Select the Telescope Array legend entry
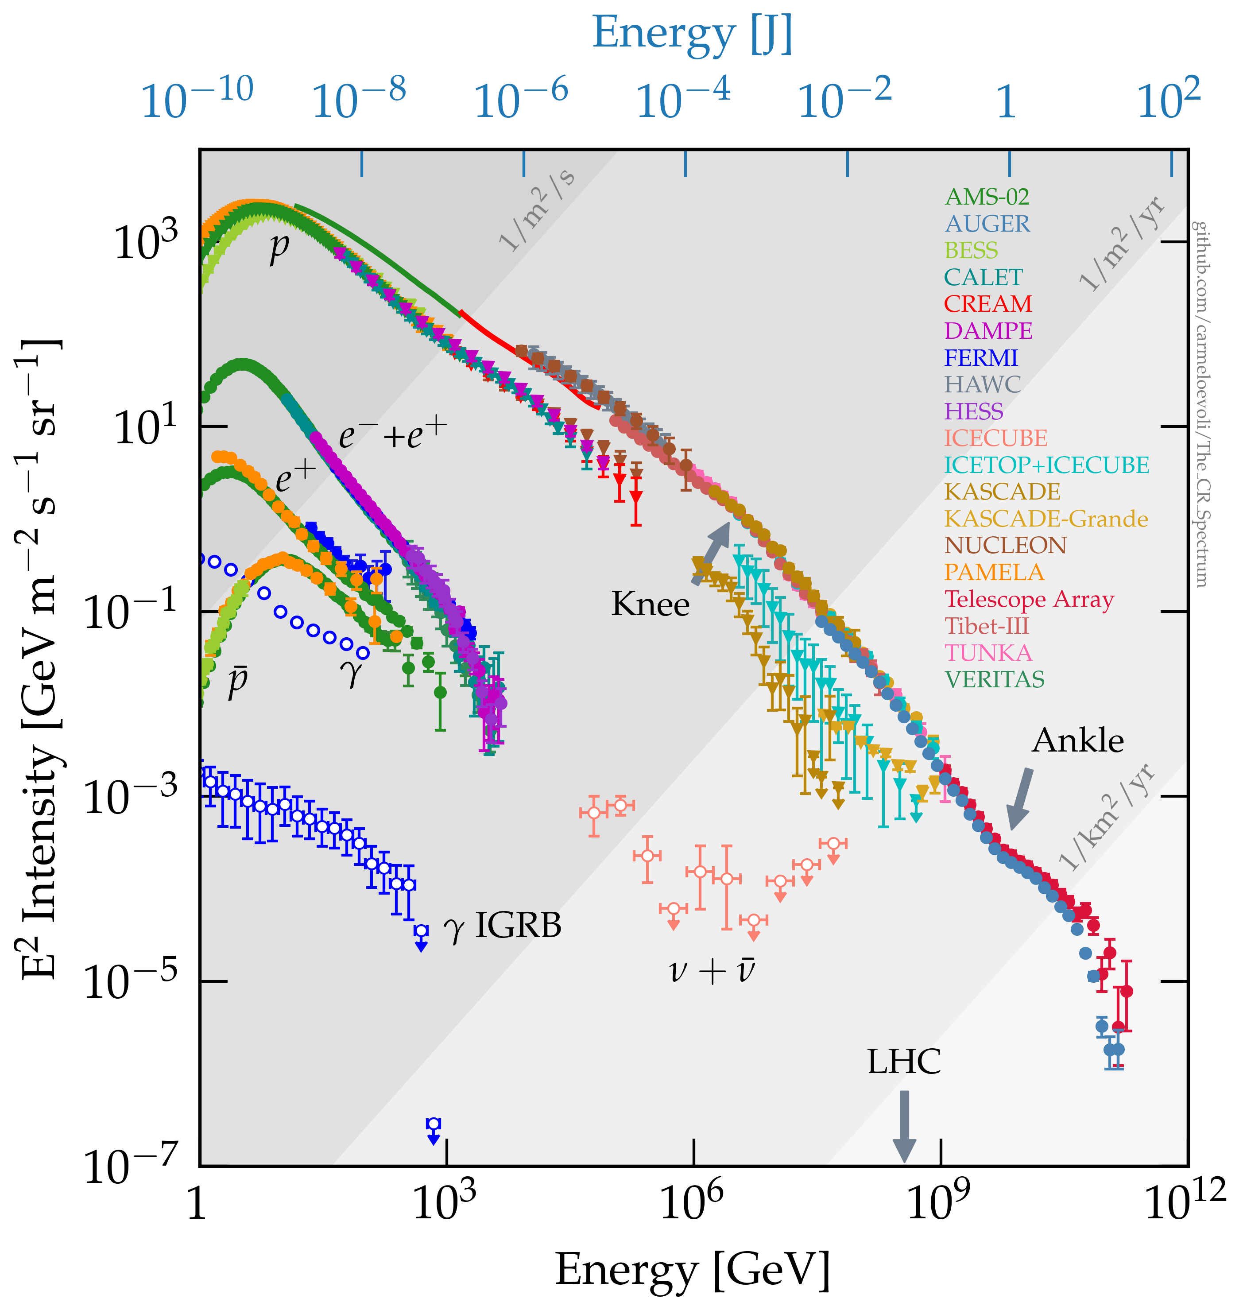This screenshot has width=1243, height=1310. (1028, 599)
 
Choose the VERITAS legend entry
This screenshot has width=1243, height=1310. (994, 679)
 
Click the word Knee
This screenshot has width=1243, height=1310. (650, 604)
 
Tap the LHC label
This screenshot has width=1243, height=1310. (904, 1062)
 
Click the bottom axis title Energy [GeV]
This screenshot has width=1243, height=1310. (693, 1270)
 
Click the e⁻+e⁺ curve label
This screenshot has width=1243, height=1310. (392, 435)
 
